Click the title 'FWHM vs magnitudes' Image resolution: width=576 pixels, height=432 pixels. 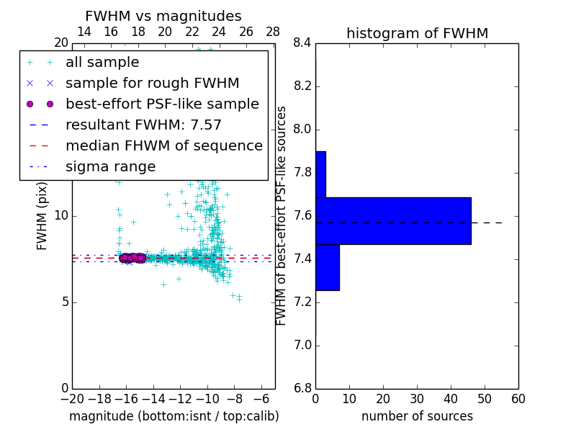click(163, 17)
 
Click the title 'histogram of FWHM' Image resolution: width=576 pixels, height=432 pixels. click(417, 34)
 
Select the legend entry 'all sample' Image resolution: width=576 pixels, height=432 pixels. click(102, 63)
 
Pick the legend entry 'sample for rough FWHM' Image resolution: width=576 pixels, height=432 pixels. click(152, 84)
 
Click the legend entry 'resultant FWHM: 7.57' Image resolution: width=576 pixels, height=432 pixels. click(143, 125)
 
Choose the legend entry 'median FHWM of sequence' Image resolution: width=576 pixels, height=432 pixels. click(163, 146)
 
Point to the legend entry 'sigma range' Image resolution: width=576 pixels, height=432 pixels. click(110, 167)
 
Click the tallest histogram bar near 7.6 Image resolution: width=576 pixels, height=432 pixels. click(393, 221)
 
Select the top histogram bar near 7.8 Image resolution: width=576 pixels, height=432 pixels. click(320, 174)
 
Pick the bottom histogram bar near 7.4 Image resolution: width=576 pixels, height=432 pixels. click(327, 267)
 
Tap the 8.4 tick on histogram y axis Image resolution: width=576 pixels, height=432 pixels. click(302, 43)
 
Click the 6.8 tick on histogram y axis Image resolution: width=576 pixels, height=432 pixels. click(302, 389)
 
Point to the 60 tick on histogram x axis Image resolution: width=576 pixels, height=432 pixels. click(518, 398)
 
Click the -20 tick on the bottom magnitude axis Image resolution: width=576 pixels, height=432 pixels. click(72, 398)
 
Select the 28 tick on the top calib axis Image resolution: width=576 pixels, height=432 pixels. click(273, 32)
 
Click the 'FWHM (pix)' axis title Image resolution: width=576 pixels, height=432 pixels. click(42, 215)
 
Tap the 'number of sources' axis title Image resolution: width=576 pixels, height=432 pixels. click(417, 416)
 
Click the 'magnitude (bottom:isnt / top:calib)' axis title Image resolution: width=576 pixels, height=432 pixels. click(174, 416)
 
